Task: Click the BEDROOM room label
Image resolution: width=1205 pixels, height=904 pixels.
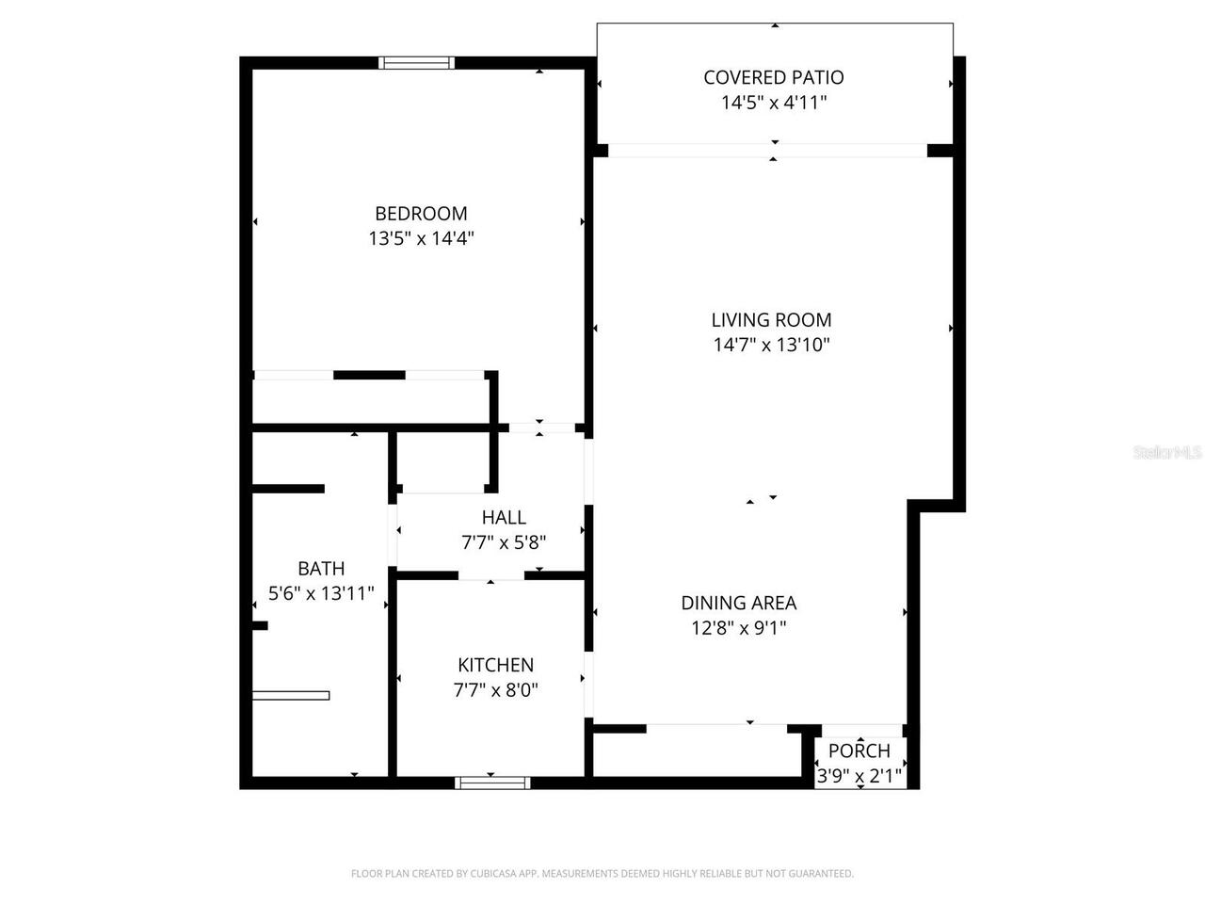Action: pyautogui.click(x=421, y=214)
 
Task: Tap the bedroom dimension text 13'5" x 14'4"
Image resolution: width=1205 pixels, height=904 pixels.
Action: pyautogui.click(x=421, y=239)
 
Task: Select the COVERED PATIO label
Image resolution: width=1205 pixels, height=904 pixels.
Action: pyautogui.click(x=774, y=77)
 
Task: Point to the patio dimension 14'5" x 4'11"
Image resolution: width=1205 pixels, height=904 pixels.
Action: pyautogui.click(x=774, y=103)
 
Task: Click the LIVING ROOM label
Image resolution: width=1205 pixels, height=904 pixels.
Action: pyautogui.click(x=771, y=320)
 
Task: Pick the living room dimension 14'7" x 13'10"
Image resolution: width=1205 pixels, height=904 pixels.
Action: pyautogui.click(x=771, y=346)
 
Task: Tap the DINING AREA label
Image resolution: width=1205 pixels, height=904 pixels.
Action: pyautogui.click(x=739, y=603)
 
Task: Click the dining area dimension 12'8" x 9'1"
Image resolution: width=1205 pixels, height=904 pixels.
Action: pyautogui.click(x=739, y=628)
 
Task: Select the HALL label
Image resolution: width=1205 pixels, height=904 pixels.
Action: pyautogui.click(x=504, y=517)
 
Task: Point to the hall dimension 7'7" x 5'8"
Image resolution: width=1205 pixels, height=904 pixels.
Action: pyautogui.click(x=504, y=542)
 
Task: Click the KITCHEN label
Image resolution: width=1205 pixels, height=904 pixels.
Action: pyautogui.click(x=495, y=665)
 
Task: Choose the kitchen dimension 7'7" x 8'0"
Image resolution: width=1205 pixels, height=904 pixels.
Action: pyautogui.click(x=495, y=690)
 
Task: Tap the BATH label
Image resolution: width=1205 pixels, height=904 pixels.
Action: pyautogui.click(x=321, y=568)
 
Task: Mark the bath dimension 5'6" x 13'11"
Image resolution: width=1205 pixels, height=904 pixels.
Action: pyautogui.click(x=321, y=593)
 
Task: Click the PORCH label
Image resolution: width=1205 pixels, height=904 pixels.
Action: pyautogui.click(x=860, y=751)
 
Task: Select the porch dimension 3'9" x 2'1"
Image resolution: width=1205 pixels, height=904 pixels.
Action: pyautogui.click(x=860, y=776)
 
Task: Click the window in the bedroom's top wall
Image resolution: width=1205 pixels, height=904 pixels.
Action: pyautogui.click(x=416, y=63)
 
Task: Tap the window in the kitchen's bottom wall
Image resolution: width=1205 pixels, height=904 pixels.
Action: pyautogui.click(x=492, y=783)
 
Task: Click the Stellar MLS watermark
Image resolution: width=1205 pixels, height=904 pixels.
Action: pyautogui.click(x=1167, y=453)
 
